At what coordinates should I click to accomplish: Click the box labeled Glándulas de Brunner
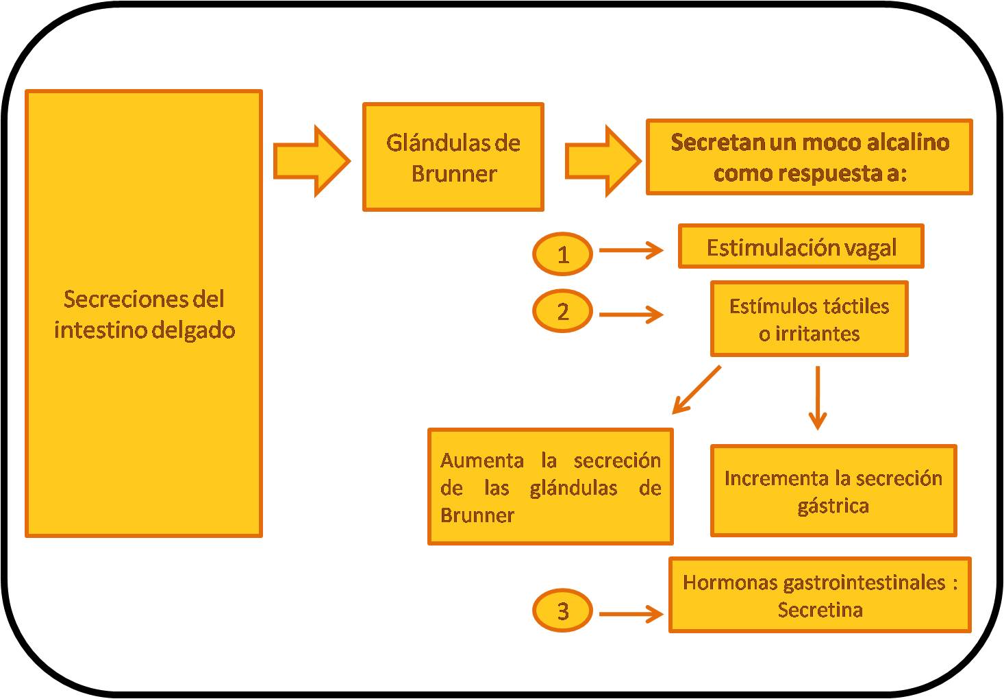tap(453, 157)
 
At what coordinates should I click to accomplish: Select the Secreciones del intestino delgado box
tap(144, 313)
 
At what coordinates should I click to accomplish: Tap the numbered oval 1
tap(562, 254)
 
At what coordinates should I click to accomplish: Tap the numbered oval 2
tap(562, 312)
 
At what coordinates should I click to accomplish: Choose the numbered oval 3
tap(562, 611)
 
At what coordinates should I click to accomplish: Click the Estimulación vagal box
tap(801, 247)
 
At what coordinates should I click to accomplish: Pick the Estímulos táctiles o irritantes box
tap(809, 319)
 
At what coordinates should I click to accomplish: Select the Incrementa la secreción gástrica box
tap(833, 491)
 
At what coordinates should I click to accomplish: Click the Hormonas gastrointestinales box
tap(820, 595)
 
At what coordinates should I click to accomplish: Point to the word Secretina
tap(820, 609)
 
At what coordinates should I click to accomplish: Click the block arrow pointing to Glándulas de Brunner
tap(312, 161)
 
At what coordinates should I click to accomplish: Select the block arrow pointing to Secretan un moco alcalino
tap(603, 161)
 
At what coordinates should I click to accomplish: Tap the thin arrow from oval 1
tap(631, 251)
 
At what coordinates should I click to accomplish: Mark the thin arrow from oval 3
tap(631, 614)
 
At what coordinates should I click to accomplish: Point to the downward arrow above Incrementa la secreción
tap(818, 397)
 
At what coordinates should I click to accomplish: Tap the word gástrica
tap(833, 506)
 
